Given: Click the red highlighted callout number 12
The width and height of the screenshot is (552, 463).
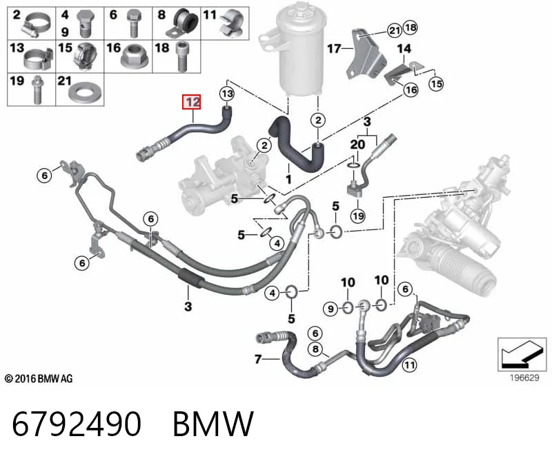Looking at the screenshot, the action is point(191,102).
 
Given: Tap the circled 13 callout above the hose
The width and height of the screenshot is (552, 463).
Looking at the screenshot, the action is point(227,94).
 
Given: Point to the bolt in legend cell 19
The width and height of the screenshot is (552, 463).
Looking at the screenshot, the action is point(37,90).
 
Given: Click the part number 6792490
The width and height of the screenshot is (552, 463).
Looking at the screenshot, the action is point(77,424).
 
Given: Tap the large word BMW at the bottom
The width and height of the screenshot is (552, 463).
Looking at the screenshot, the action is point(213,424).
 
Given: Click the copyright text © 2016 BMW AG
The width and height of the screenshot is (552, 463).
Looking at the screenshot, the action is point(39,379).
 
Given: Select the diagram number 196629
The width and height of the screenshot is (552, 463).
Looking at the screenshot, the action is point(524,378).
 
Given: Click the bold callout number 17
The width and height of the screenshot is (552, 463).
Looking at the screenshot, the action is point(334,48).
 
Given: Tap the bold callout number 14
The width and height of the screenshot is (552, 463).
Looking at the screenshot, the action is point(404,48).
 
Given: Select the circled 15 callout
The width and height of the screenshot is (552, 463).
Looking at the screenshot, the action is point(436,83).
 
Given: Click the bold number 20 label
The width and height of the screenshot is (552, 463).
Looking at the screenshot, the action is point(357,144).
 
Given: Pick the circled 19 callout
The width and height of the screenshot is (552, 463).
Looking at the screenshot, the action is point(358,216).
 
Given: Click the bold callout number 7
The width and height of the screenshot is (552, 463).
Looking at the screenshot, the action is point(258,359).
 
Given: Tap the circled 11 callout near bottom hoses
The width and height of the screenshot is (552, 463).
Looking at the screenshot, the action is point(409,364).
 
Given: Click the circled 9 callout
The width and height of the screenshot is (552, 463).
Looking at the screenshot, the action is point(331,309).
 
